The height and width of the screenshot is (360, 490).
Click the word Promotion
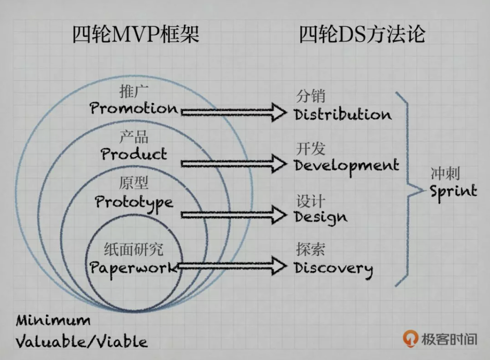134,108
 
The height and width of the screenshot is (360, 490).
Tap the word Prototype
134,202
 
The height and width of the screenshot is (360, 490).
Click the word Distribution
343,115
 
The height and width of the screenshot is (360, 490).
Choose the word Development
347,166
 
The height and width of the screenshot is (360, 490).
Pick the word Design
321,216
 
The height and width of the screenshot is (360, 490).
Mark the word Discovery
333,268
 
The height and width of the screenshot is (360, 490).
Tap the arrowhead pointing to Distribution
280,112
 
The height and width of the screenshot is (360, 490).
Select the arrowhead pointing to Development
280,164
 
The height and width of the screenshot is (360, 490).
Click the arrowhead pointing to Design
280,214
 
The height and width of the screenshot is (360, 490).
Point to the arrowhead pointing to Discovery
280,266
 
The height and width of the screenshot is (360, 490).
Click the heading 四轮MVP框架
136,35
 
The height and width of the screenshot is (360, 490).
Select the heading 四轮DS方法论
362,35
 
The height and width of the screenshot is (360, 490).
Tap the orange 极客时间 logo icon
411,338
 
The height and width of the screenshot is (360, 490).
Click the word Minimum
53,321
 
